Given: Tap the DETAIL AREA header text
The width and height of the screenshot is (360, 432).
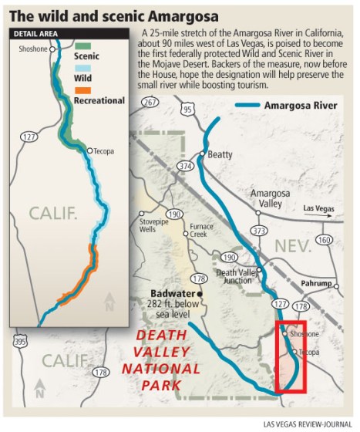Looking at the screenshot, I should click(36, 33).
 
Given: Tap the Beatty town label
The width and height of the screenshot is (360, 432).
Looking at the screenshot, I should click(220, 155).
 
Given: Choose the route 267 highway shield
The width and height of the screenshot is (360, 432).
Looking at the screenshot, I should click(150, 102).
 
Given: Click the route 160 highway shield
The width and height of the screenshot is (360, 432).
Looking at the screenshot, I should click(323, 239).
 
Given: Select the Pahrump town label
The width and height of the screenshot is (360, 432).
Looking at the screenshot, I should click(327, 285).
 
